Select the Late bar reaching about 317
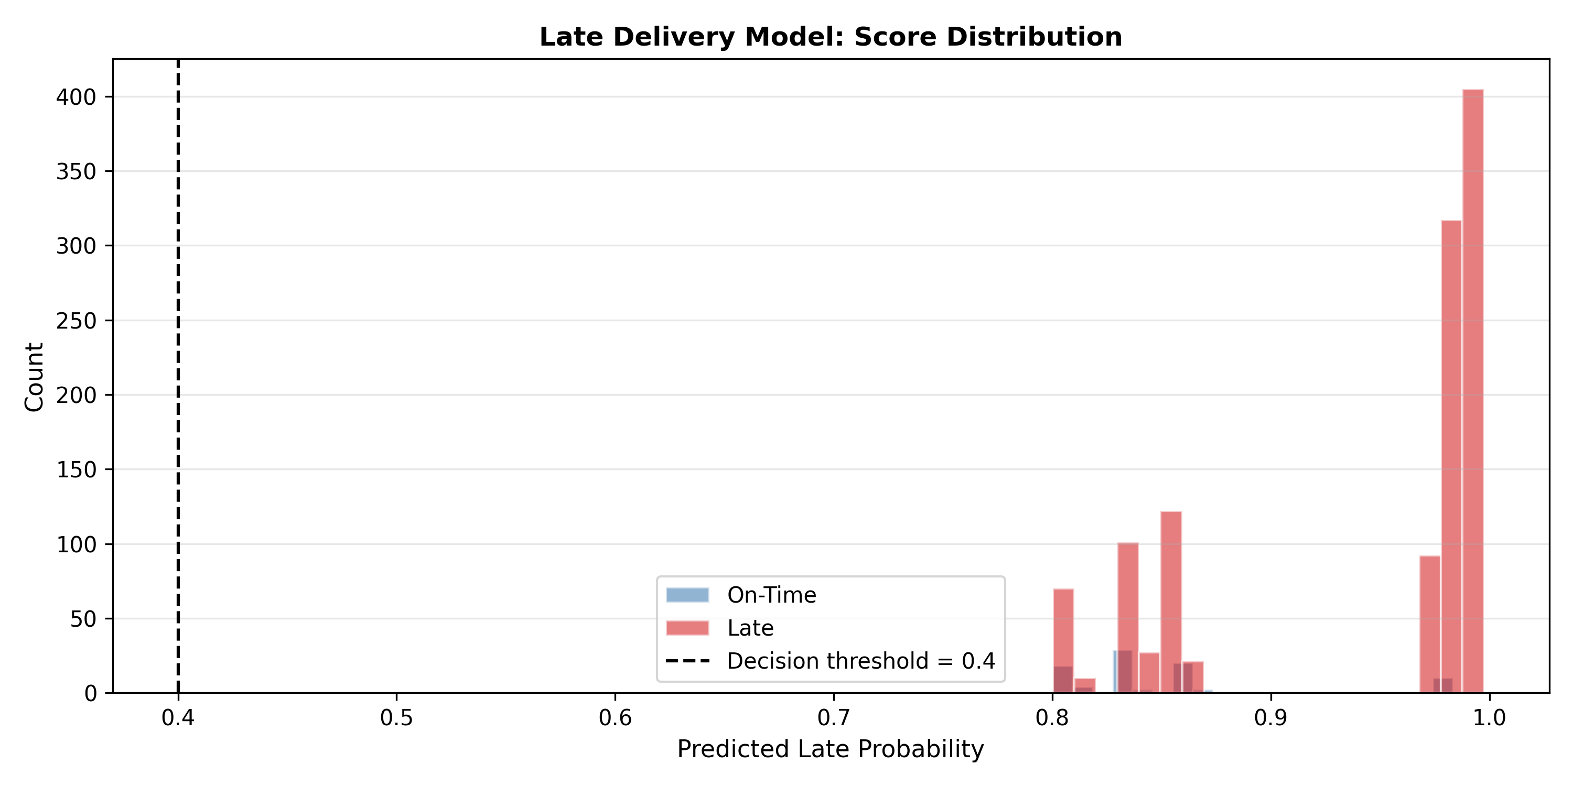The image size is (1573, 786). [x=1451, y=456]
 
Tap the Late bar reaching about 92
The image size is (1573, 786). [x=1429, y=624]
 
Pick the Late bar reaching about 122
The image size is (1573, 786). [x=1171, y=602]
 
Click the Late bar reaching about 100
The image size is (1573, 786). [x=1128, y=618]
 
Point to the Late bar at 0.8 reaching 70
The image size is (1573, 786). [x=1063, y=641]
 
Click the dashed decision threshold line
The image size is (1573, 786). [x=178, y=376]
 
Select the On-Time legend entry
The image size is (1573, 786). [x=741, y=594]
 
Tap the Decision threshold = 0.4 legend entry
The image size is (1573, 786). [x=831, y=661]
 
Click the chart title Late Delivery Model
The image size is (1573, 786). [x=831, y=37]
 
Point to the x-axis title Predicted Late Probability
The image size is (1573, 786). [x=831, y=749]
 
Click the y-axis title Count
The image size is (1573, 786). [x=34, y=377]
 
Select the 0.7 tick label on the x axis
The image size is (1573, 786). [x=834, y=718]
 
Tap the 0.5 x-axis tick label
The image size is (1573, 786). [x=397, y=718]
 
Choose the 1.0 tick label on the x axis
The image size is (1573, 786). [x=1489, y=718]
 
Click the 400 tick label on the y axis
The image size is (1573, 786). [x=77, y=97]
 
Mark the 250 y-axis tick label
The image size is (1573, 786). [x=77, y=320]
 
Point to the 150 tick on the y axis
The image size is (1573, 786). [x=77, y=470]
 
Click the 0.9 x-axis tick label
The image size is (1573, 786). [x=1271, y=718]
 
